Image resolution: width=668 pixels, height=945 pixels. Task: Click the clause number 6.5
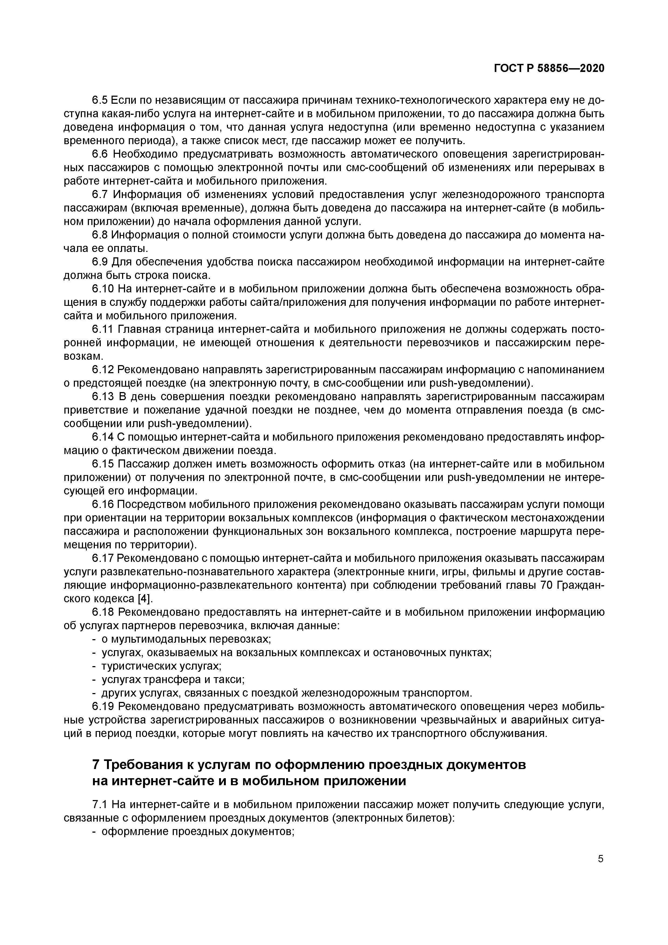[x=100, y=100]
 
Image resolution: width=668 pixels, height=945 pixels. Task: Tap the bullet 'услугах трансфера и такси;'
[x=173, y=680]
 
